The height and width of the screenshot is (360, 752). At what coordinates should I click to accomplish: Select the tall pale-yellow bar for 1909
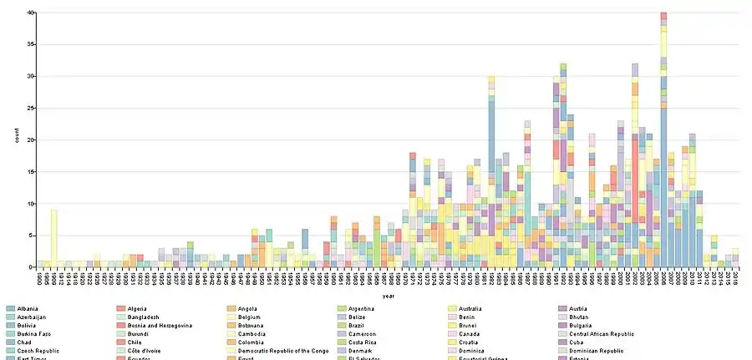point(54,238)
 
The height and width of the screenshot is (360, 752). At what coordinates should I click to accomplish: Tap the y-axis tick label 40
point(30,13)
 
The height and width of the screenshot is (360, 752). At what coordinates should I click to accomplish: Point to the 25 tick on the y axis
point(30,108)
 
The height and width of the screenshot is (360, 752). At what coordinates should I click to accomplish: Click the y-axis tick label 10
point(30,203)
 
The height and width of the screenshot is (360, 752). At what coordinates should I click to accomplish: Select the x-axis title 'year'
point(389,296)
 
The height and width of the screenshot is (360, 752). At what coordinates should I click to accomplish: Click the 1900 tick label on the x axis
point(40,276)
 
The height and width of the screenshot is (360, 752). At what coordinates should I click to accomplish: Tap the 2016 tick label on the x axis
point(735,276)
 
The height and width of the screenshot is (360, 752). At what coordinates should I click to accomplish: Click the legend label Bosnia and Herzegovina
point(160,326)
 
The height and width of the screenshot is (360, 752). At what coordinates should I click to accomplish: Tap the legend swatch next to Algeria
point(121,309)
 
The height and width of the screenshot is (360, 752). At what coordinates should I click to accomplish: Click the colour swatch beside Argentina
point(342,309)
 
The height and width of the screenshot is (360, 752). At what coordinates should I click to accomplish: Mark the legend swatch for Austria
point(562,309)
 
